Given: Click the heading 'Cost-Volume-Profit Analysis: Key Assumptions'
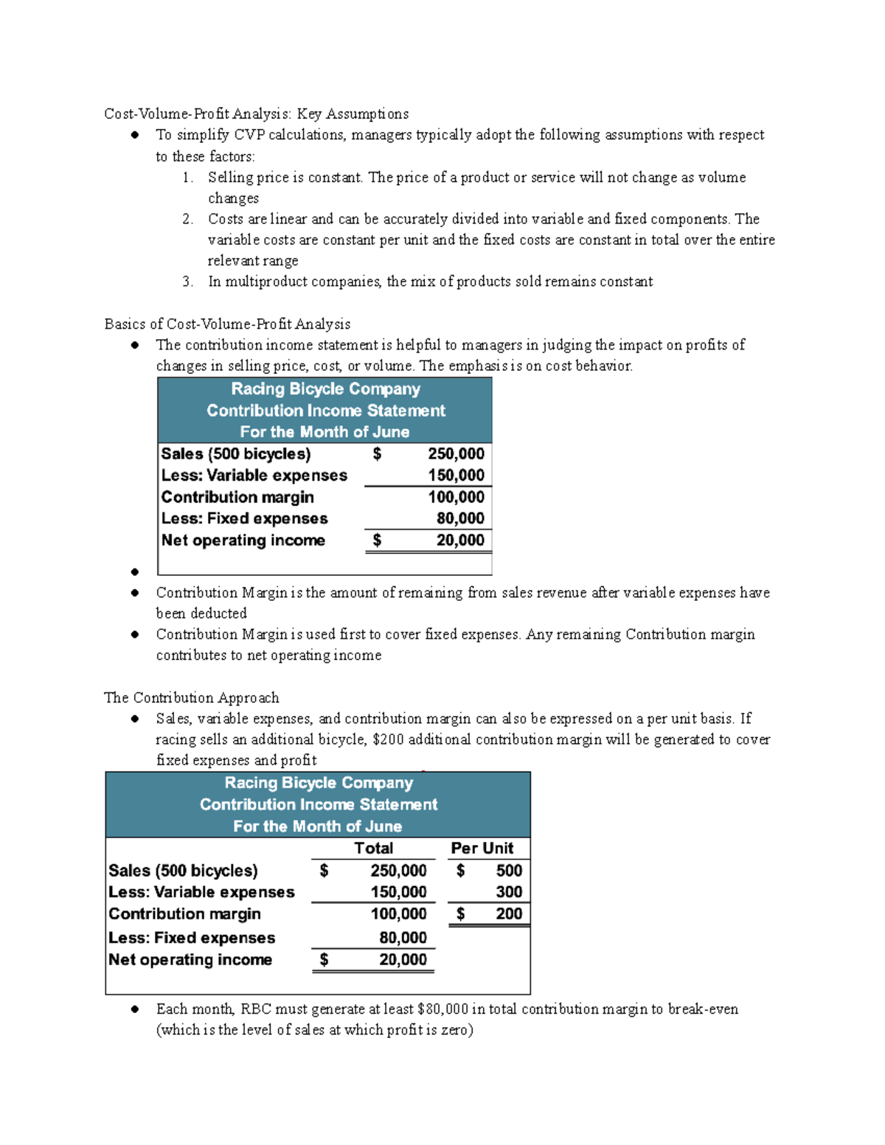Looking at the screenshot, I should pos(256,114).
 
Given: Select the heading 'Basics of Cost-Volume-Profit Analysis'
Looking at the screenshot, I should pos(227,324).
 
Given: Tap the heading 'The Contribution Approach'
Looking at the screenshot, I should pos(192,697).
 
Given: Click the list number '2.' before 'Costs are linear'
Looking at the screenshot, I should pos(188,219).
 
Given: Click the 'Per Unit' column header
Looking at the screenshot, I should pos(482,848).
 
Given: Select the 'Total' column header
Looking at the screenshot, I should pos(373,848).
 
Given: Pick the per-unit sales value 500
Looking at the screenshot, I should pos(509,871).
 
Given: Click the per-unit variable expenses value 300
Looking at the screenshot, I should pos(509,892).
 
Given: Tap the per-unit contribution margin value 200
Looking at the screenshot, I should pos(509,914).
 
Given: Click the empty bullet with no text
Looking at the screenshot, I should pos(135,571).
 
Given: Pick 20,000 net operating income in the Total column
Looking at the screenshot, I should pos(403,960).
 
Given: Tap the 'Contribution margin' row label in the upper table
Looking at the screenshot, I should pos(237,498).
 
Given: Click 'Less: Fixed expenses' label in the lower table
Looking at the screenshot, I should pos(192,938).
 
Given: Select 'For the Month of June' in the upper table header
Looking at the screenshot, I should pos(324,432).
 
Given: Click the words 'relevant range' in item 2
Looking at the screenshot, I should pos(253,261).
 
